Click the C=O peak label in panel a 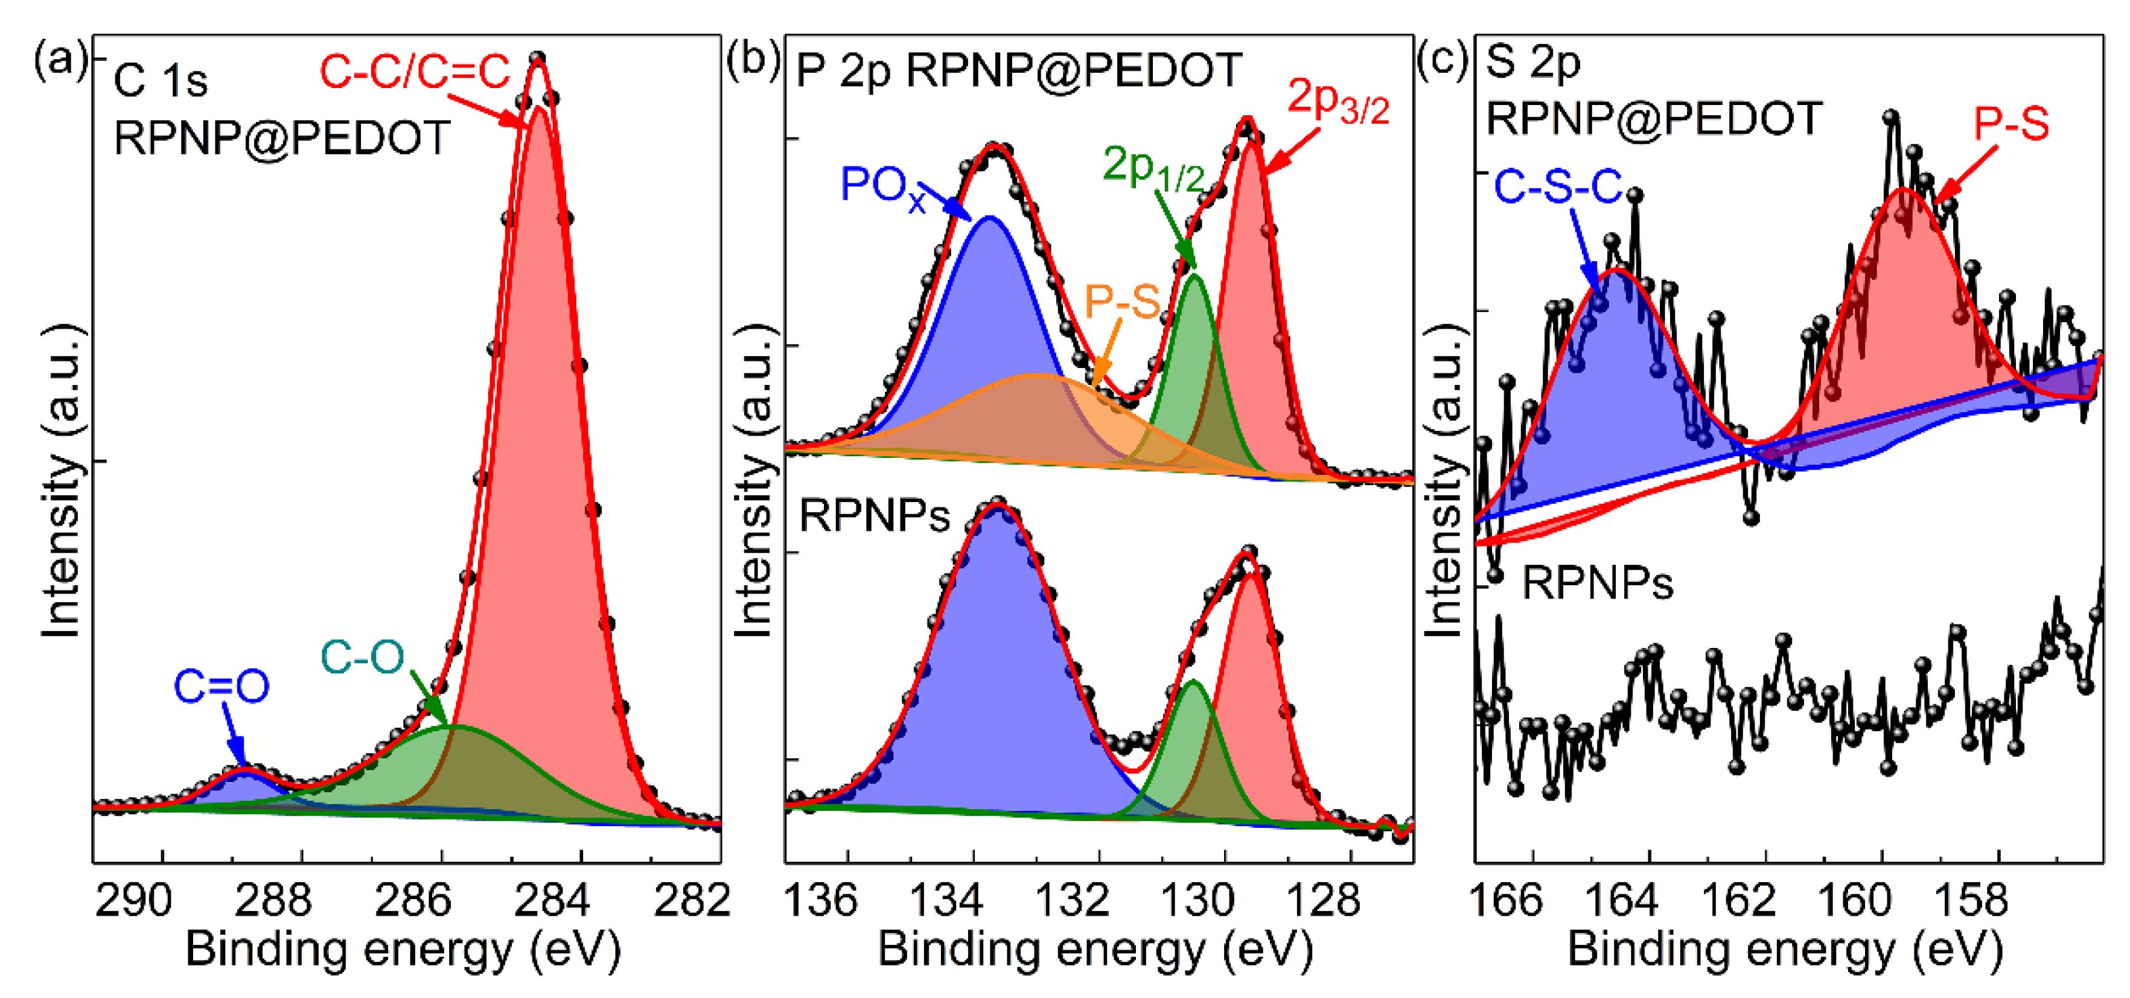pyautogui.click(x=221, y=686)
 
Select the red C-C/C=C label pyautogui.click(x=415, y=72)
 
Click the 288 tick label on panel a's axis pyautogui.click(x=272, y=900)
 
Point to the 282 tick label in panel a pyautogui.click(x=691, y=900)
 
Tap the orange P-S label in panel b pyautogui.click(x=1122, y=302)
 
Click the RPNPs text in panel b pyautogui.click(x=874, y=516)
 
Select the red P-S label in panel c pyautogui.click(x=2011, y=125)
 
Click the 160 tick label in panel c pyautogui.click(x=1854, y=900)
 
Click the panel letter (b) pyautogui.click(x=753, y=62)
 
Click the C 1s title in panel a pyautogui.click(x=161, y=81)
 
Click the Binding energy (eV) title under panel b pyautogui.click(x=1095, y=949)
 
